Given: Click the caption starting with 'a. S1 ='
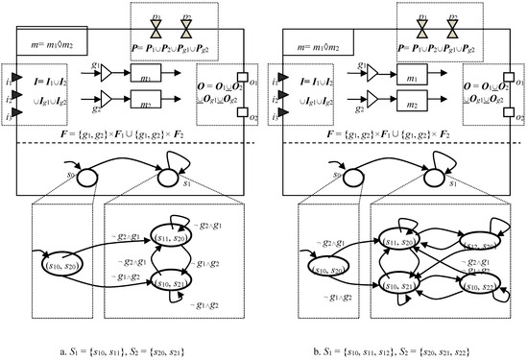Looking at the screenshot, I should tap(130, 343).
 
